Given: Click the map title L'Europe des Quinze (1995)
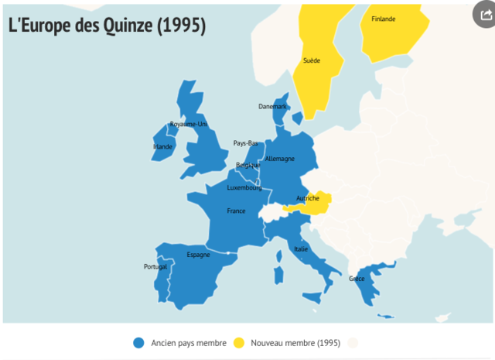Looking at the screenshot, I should click(x=107, y=25).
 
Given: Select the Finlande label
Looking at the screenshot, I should click(x=383, y=19).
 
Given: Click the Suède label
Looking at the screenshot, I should click(x=312, y=60).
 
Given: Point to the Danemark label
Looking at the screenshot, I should click(x=272, y=106).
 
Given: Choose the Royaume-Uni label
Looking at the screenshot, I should click(x=188, y=124).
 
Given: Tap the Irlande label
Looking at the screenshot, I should click(x=162, y=146).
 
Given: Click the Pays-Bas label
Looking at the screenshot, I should click(x=245, y=143).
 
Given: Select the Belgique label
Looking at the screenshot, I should click(x=247, y=165).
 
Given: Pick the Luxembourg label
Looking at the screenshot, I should click(x=244, y=187).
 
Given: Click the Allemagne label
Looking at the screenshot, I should click(x=279, y=159).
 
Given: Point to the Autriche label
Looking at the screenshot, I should click(x=307, y=199).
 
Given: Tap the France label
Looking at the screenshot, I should click(x=236, y=211).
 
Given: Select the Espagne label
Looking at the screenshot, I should click(x=198, y=255).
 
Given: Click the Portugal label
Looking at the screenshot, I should click(x=155, y=267).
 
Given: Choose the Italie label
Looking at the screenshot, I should click(x=301, y=249).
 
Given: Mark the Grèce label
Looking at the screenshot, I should click(x=357, y=279).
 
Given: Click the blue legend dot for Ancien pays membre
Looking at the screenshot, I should click(x=138, y=342).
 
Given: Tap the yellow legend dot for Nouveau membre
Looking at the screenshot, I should click(x=239, y=342).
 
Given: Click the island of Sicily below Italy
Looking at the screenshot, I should click(x=312, y=298).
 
